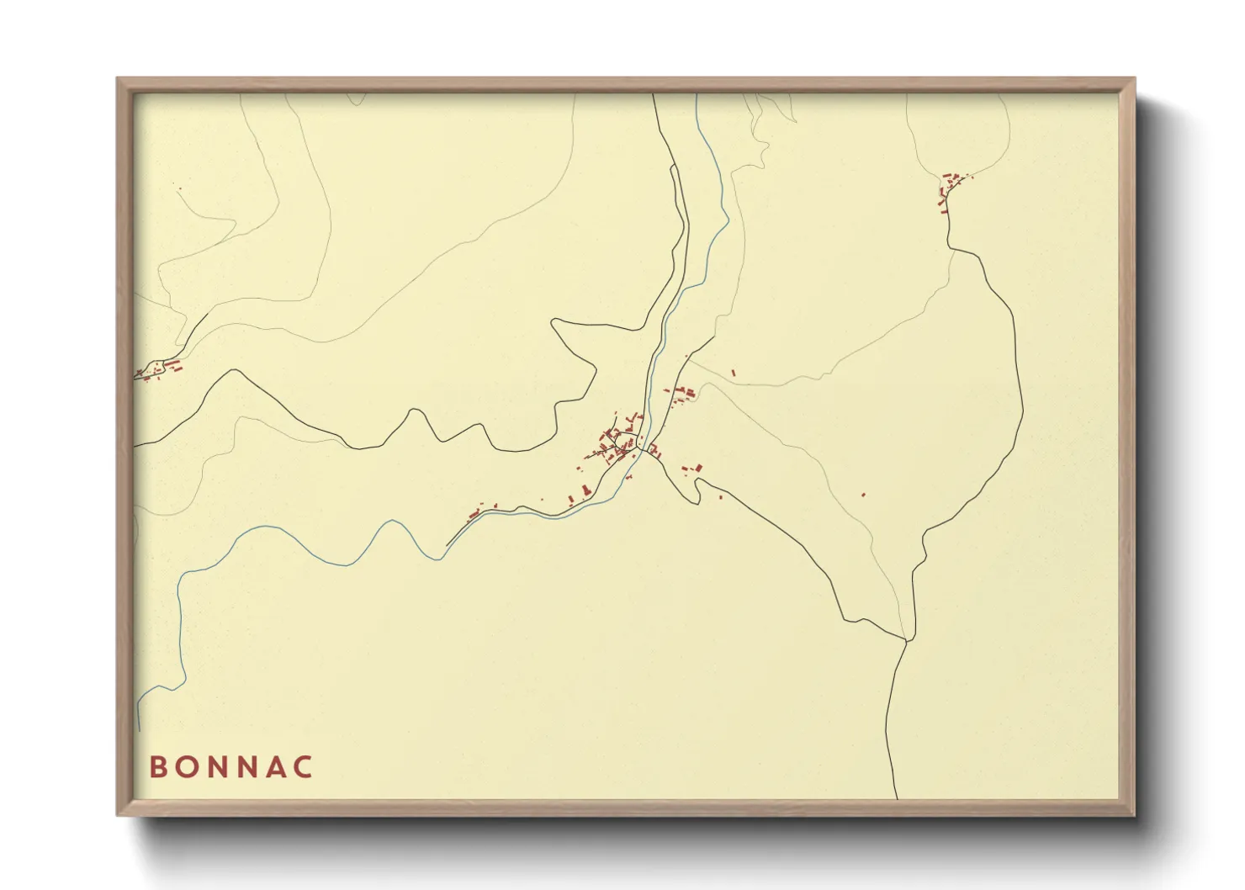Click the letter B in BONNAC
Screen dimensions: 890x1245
(x=158, y=767)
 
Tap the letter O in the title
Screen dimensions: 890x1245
(x=188, y=767)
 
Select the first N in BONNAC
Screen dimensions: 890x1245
(x=218, y=767)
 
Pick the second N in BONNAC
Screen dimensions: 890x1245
(x=248, y=767)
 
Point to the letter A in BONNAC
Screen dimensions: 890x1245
(x=276, y=767)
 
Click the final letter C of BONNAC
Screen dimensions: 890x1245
(x=305, y=767)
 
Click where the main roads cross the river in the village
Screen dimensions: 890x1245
(x=643, y=449)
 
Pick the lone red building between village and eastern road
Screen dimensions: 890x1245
(x=863, y=495)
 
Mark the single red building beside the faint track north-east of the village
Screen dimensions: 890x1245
(x=734, y=372)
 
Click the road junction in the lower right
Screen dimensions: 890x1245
(x=907, y=641)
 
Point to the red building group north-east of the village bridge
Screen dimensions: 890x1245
(x=681, y=393)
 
